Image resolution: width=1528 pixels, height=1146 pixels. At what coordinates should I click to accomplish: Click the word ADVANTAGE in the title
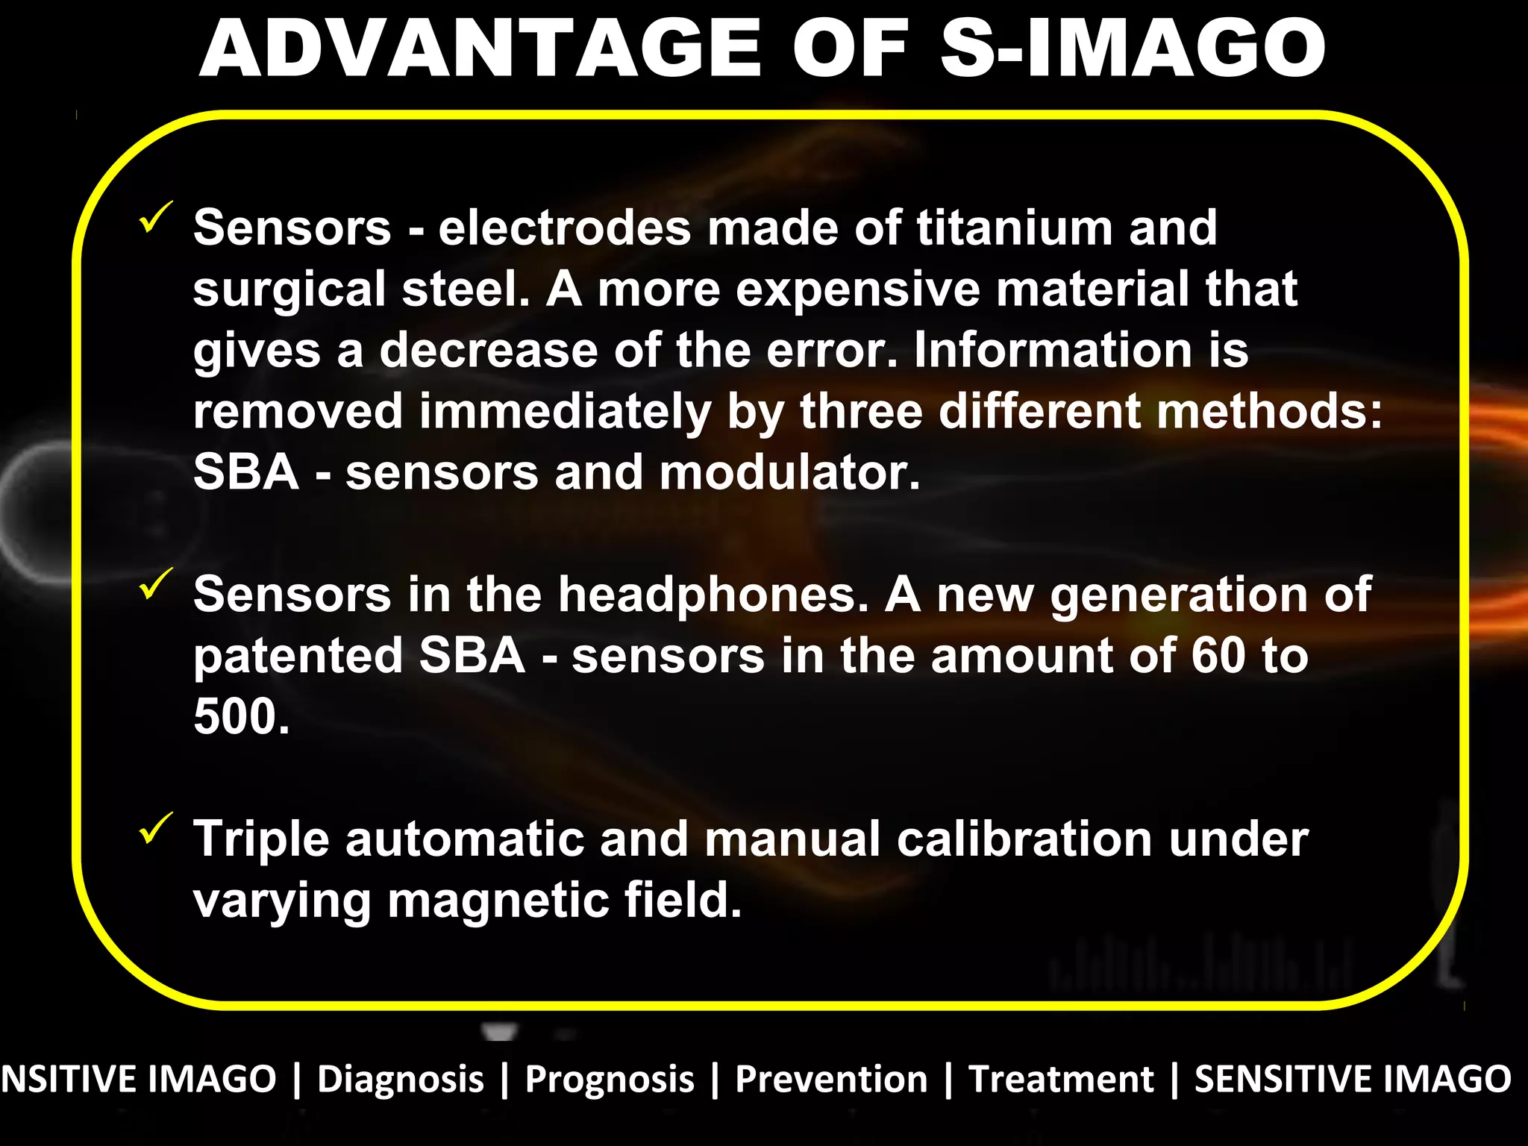pyautogui.click(x=480, y=49)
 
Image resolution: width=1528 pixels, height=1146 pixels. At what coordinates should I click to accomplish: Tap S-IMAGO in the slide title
pyautogui.click(x=1133, y=49)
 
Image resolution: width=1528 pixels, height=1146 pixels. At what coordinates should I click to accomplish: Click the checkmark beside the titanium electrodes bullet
pyautogui.click(x=156, y=217)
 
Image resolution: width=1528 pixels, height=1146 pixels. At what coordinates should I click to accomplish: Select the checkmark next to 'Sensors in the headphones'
pyautogui.click(x=156, y=583)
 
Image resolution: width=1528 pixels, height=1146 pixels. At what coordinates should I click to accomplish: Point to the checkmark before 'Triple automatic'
pyautogui.click(x=156, y=828)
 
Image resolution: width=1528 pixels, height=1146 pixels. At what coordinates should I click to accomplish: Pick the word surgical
pyautogui.click(x=289, y=289)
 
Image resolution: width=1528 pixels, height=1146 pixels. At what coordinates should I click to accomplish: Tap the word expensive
pyautogui.click(x=857, y=289)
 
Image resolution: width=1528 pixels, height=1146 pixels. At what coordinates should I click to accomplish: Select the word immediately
pyautogui.click(x=565, y=412)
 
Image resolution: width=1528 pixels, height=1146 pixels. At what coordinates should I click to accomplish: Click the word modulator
pyautogui.click(x=789, y=473)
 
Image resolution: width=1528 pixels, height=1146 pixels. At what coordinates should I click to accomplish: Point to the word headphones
pyautogui.click(x=713, y=595)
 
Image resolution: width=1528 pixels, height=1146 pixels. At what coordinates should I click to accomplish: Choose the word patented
pyautogui.click(x=298, y=656)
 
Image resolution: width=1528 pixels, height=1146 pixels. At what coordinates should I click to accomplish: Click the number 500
pyautogui.click(x=241, y=717)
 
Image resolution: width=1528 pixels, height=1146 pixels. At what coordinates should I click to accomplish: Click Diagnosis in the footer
pyautogui.click(x=401, y=1080)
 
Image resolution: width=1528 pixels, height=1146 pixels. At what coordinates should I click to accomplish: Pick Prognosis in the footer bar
pyautogui.click(x=610, y=1080)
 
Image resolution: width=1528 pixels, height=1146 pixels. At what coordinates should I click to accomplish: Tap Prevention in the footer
pyautogui.click(x=831, y=1080)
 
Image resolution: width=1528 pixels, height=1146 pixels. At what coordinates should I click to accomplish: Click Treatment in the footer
pyautogui.click(x=1061, y=1080)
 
